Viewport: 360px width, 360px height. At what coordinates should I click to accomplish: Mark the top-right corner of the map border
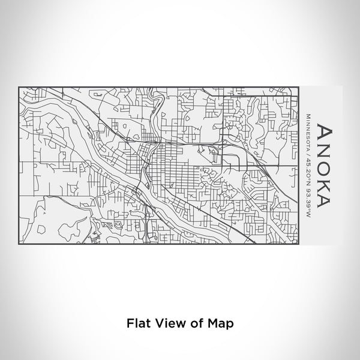pyautogui.click(x=299, y=86)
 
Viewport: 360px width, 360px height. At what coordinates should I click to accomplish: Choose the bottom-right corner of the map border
pyautogui.click(x=299, y=245)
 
